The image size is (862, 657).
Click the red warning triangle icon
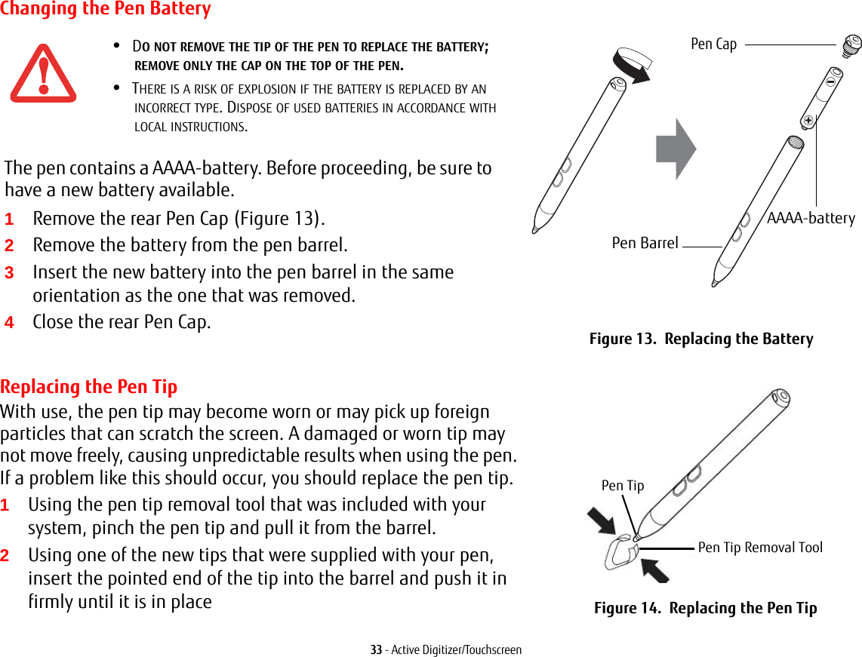43,73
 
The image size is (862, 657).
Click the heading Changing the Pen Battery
106,10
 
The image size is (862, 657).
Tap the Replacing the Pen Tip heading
89,387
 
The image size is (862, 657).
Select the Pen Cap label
713,45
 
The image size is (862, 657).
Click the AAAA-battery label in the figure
811,219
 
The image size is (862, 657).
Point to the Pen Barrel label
645,243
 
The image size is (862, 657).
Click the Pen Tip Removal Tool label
760,548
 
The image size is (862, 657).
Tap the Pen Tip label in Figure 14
623,486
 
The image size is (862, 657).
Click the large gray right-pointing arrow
676,149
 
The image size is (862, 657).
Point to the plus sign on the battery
808,119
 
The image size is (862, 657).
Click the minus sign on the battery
830,78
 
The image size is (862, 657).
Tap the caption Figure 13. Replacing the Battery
701,339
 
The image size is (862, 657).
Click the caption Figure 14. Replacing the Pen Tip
705,608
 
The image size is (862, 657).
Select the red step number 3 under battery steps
9,273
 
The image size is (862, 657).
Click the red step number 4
9,323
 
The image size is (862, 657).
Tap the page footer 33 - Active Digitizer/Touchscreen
445,649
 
